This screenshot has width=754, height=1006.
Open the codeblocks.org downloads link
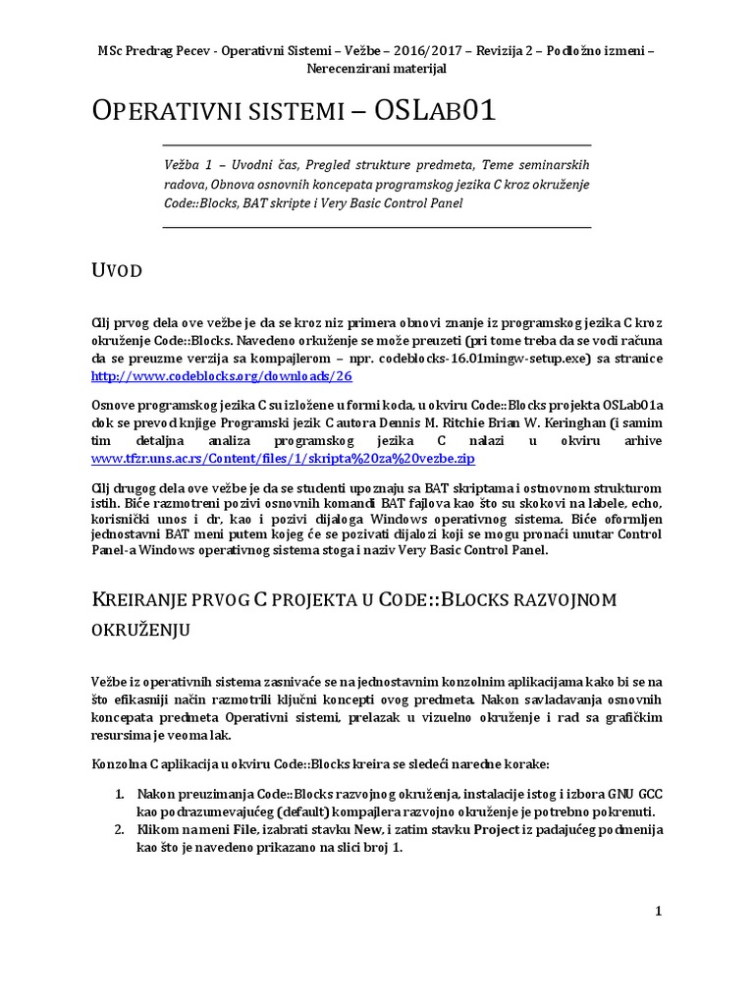(x=221, y=375)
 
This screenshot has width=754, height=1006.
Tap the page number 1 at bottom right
(x=659, y=911)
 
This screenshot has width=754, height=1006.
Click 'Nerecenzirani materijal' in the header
(x=377, y=68)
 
